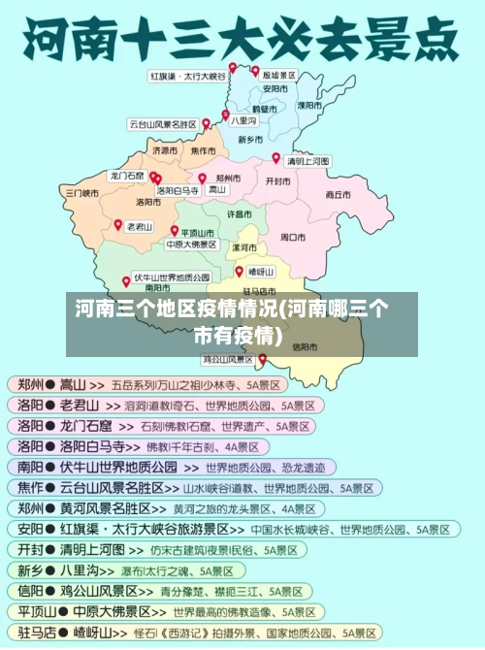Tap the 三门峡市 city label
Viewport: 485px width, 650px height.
tap(81, 193)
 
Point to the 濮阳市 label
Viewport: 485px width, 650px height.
tap(309, 105)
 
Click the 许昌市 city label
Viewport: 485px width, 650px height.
tap(240, 213)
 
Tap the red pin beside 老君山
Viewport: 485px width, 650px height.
tap(118, 224)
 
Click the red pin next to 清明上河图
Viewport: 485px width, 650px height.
tap(275, 157)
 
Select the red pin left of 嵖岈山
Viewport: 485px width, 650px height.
tap(239, 272)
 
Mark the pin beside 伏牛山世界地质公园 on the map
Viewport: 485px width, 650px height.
tap(126, 281)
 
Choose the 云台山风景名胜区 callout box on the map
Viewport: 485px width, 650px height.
tap(162, 124)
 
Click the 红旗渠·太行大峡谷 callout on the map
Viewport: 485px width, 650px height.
tap(187, 75)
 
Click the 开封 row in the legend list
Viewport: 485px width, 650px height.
tap(155, 549)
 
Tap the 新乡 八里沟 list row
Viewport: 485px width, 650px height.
tap(155, 570)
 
